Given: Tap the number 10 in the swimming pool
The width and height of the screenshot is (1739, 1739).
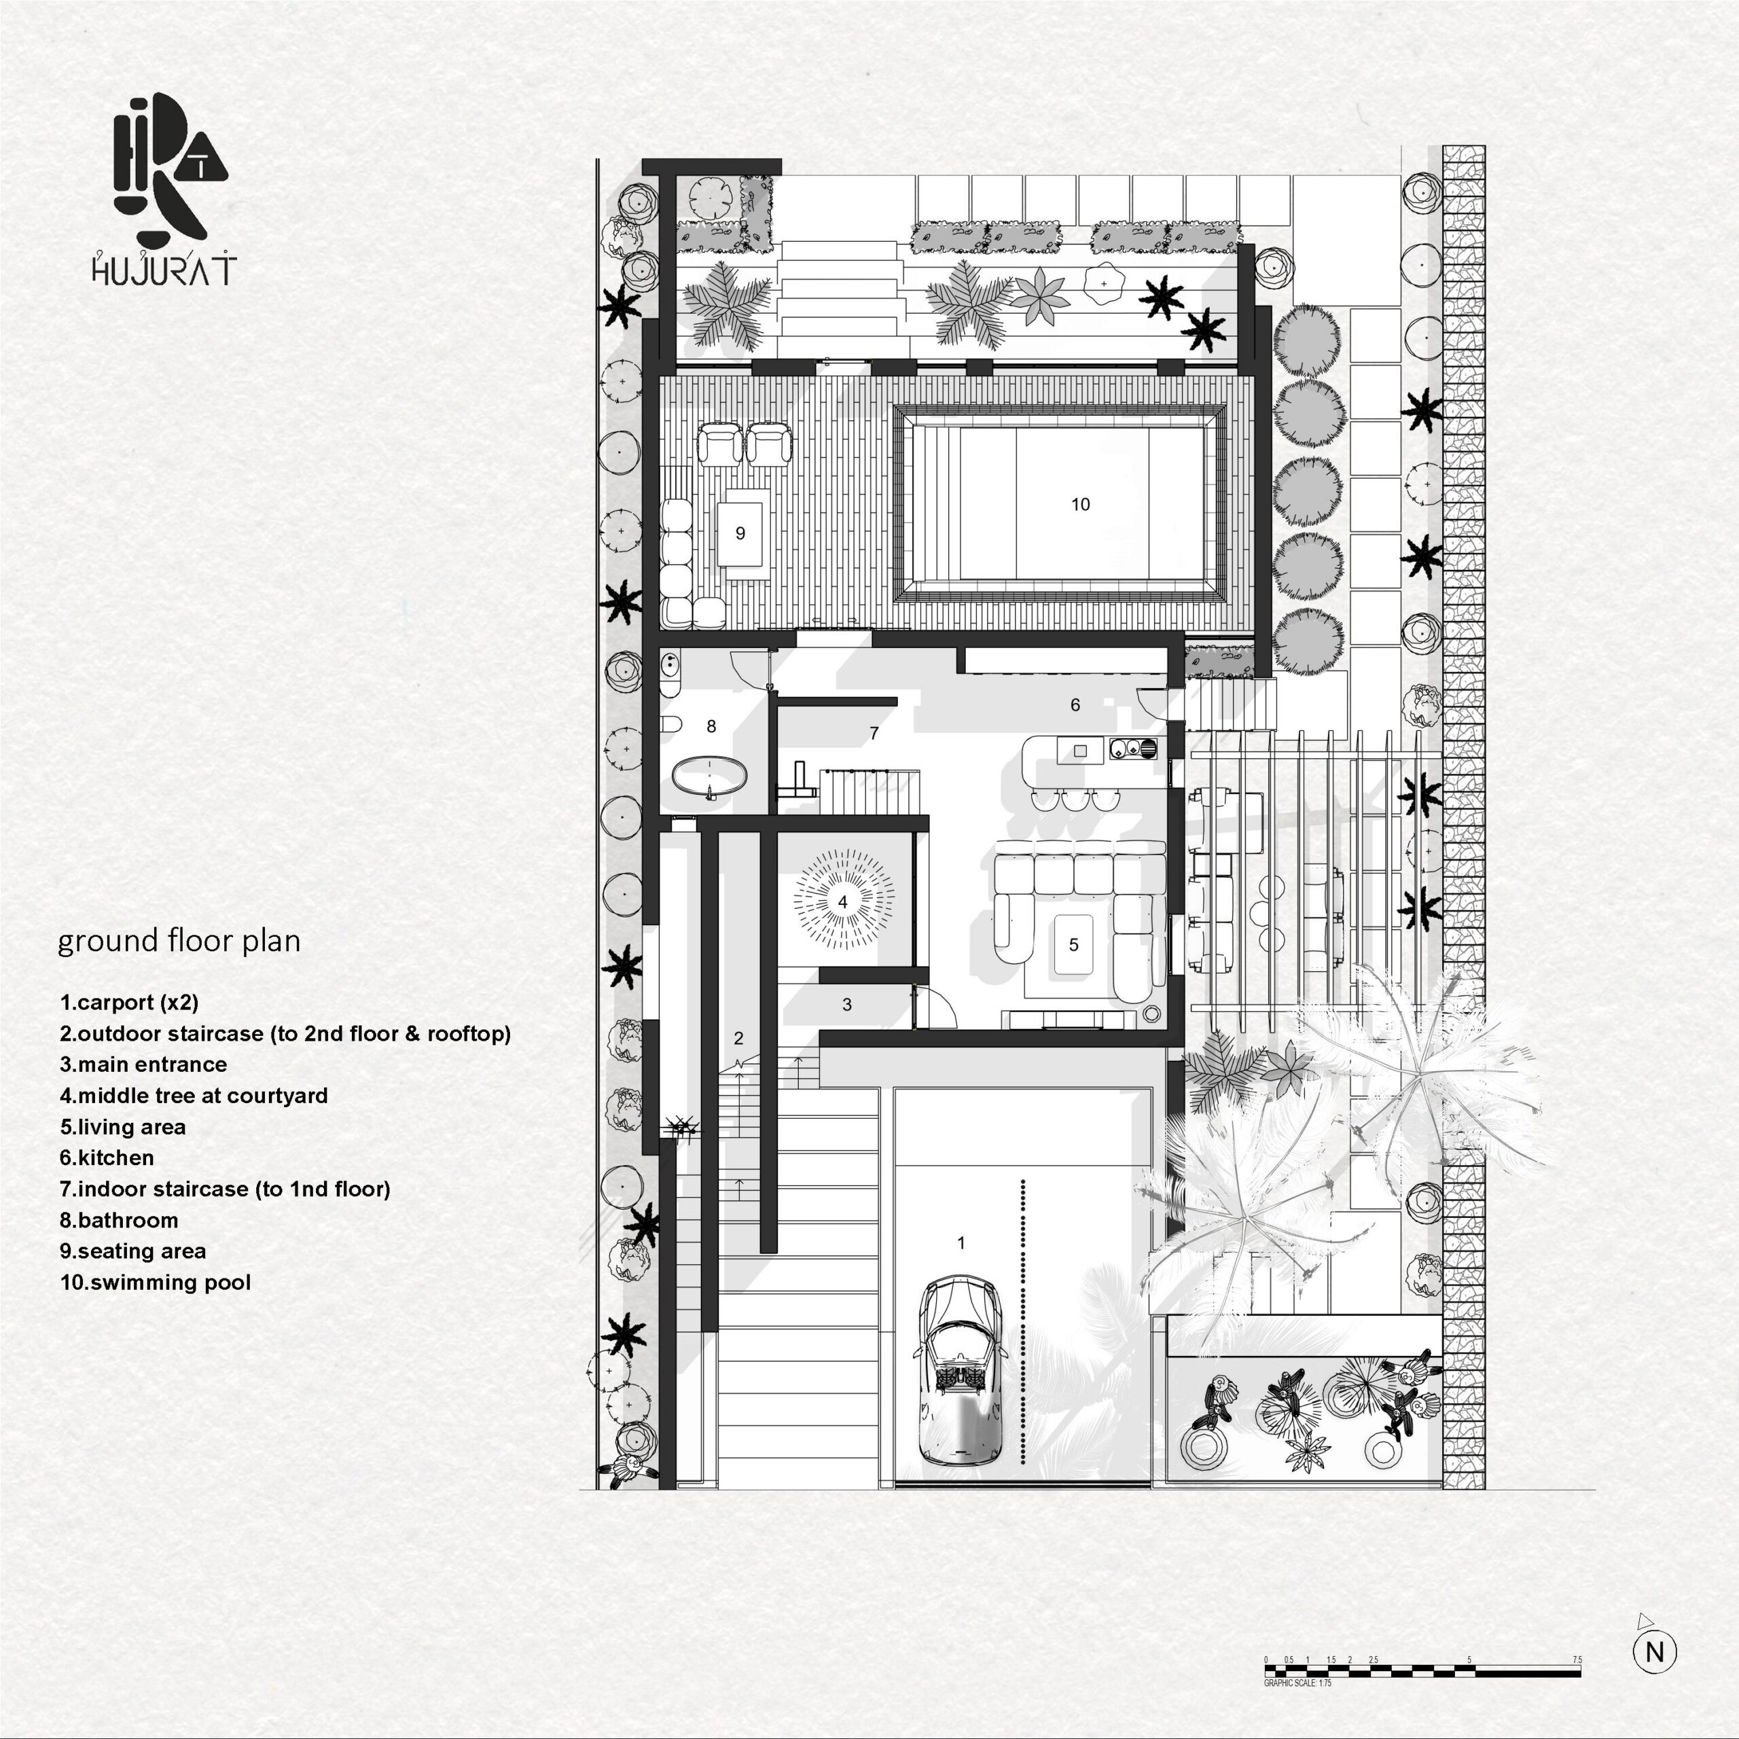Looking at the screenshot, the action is (x=1080, y=504).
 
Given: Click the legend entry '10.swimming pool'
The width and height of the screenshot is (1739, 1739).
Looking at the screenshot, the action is (x=156, y=1282).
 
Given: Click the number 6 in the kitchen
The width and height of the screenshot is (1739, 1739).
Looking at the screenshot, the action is (x=1075, y=705).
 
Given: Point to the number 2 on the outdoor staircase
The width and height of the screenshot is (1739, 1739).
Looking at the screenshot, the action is (x=739, y=1038).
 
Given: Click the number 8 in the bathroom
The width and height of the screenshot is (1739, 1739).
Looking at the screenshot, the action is (x=711, y=725).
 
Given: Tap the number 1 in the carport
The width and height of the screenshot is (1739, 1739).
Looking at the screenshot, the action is (x=961, y=1242).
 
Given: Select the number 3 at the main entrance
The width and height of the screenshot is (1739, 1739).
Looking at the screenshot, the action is (x=847, y=1003).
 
